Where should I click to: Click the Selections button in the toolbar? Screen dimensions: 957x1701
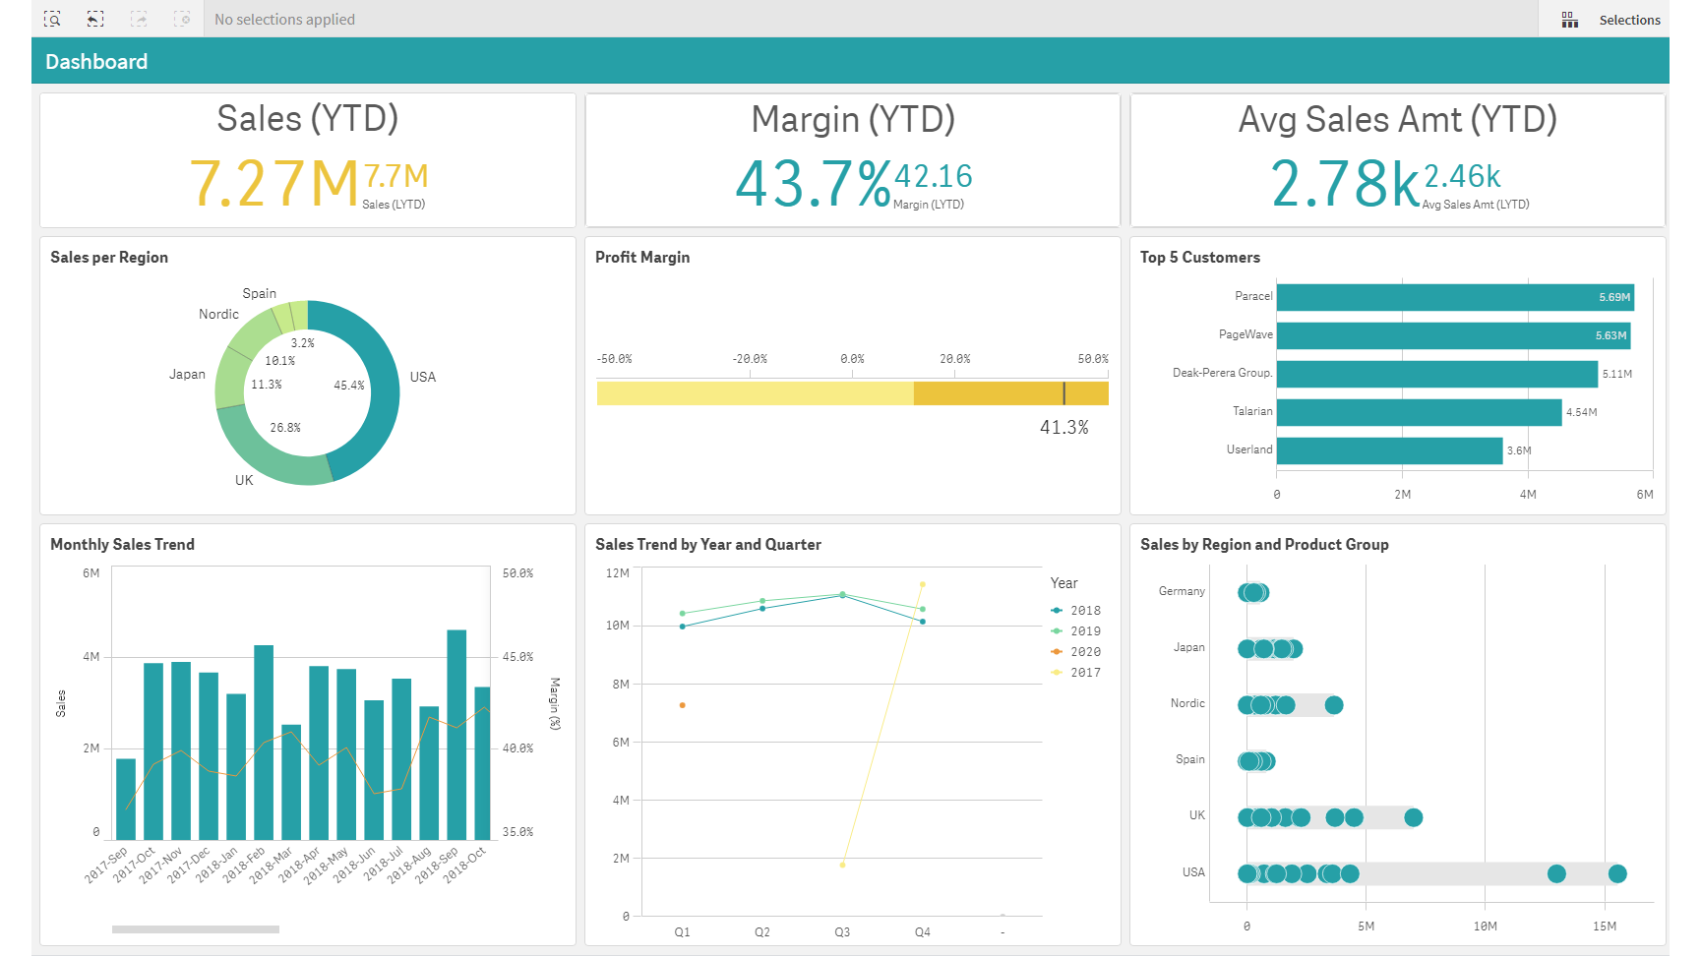pyautogui.click(x=1613, y=20)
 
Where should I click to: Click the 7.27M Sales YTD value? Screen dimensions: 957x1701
pyautogui.click(x=274, y=184)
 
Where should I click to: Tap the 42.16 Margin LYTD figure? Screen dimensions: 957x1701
pyautogui.click(x=933, y=176)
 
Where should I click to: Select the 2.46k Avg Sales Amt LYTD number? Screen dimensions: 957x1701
pyautogui.click(x=1461, y=176)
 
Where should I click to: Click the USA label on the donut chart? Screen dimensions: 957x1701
pyautogui.click(x=422, y=377)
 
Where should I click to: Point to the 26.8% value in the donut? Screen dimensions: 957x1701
pyautogui.click(x=285, y=428)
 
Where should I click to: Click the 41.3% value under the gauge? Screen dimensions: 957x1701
pyautogui.click(x=1063, y=428)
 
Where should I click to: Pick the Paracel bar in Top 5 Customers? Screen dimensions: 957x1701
pyautogui.click(x=1454, y=297)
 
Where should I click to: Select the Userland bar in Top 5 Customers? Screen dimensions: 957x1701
pyautogui.click(x=1388, y=450)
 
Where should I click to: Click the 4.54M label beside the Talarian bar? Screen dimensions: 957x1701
pyautogui.click(x=1581, y=412)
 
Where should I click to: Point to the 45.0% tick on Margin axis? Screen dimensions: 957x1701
pyautogui.click(x=517, y=657)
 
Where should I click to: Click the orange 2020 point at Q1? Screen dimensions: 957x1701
pyautogui.click(x=682, y=705)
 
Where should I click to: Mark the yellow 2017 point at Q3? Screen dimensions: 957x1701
pyautogui.click(x=842, y=865)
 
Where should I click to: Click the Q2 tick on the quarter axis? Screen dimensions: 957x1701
pyautogui.click(x=761, y=931)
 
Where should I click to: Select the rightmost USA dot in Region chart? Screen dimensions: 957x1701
pyautogui.click(x=1616, y=873)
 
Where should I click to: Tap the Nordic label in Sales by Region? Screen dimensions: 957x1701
pyautogui.click(x=1186, y=703)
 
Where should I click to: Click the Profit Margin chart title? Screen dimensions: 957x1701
pyautogui.click(x=641, y=258)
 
